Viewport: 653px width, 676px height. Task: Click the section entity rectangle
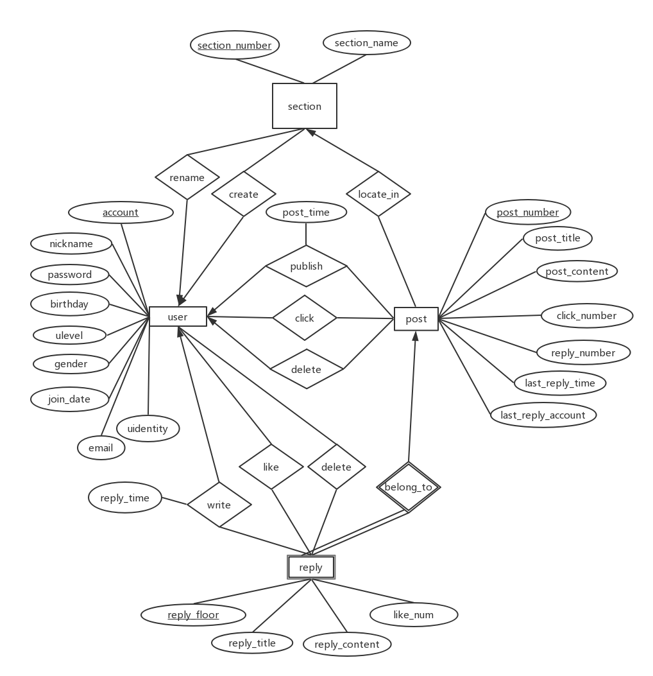tap(304, 106)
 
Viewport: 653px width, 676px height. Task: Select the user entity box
tap(178, 316)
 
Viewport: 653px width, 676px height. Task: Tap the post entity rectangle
tap(416, 319)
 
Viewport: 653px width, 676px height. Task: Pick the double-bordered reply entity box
tap(311, 568)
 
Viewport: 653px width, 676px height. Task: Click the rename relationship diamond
tap(187, 177)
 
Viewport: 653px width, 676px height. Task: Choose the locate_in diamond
tap(378, 193)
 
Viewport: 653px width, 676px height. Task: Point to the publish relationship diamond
tap(306, 266)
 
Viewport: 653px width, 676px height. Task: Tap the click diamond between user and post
tap(304, 318)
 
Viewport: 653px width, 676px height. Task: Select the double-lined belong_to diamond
tap(409, 487)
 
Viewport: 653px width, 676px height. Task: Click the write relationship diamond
tap(219, 505)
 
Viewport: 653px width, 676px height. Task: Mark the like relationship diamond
tap(271, 467)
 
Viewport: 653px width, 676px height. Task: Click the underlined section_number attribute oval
tap(234, 45)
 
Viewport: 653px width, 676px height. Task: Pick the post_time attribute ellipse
tap(306, 212)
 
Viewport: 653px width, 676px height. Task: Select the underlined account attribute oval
tap(121, 212)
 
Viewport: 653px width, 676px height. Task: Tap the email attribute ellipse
tap(101, 447)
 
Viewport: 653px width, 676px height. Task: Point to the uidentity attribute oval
tap(148, 428)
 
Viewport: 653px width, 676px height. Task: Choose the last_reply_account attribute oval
tap(543, 415)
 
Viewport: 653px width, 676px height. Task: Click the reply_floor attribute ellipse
tap(193, 615)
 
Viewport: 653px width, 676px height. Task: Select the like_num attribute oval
tap(413, 614)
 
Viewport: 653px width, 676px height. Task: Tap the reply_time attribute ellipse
tap(124, 498)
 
